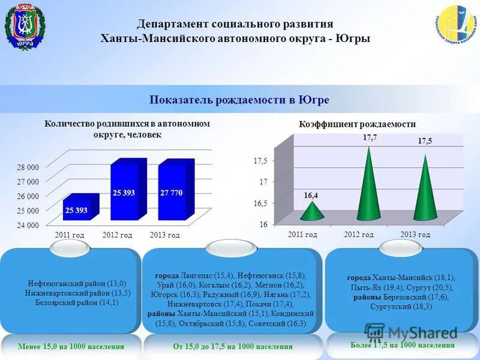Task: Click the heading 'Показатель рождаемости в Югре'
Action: click(x=239, y=100)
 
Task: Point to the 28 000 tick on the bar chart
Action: click(x=28, y=167)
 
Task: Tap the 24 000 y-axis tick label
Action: click(x=28, y=225)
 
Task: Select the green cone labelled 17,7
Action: click(x=368, y=183)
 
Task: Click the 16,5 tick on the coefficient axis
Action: click(x=260, y=203)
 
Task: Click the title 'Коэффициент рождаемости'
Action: click(x=357, y=124)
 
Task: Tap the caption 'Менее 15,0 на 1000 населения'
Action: click(x=71, y=346)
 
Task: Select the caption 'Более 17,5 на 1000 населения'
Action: click(x=402, y=345)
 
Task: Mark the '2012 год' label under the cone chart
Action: click(x=359, y=234)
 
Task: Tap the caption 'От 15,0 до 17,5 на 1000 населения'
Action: click(x=233, y=346)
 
